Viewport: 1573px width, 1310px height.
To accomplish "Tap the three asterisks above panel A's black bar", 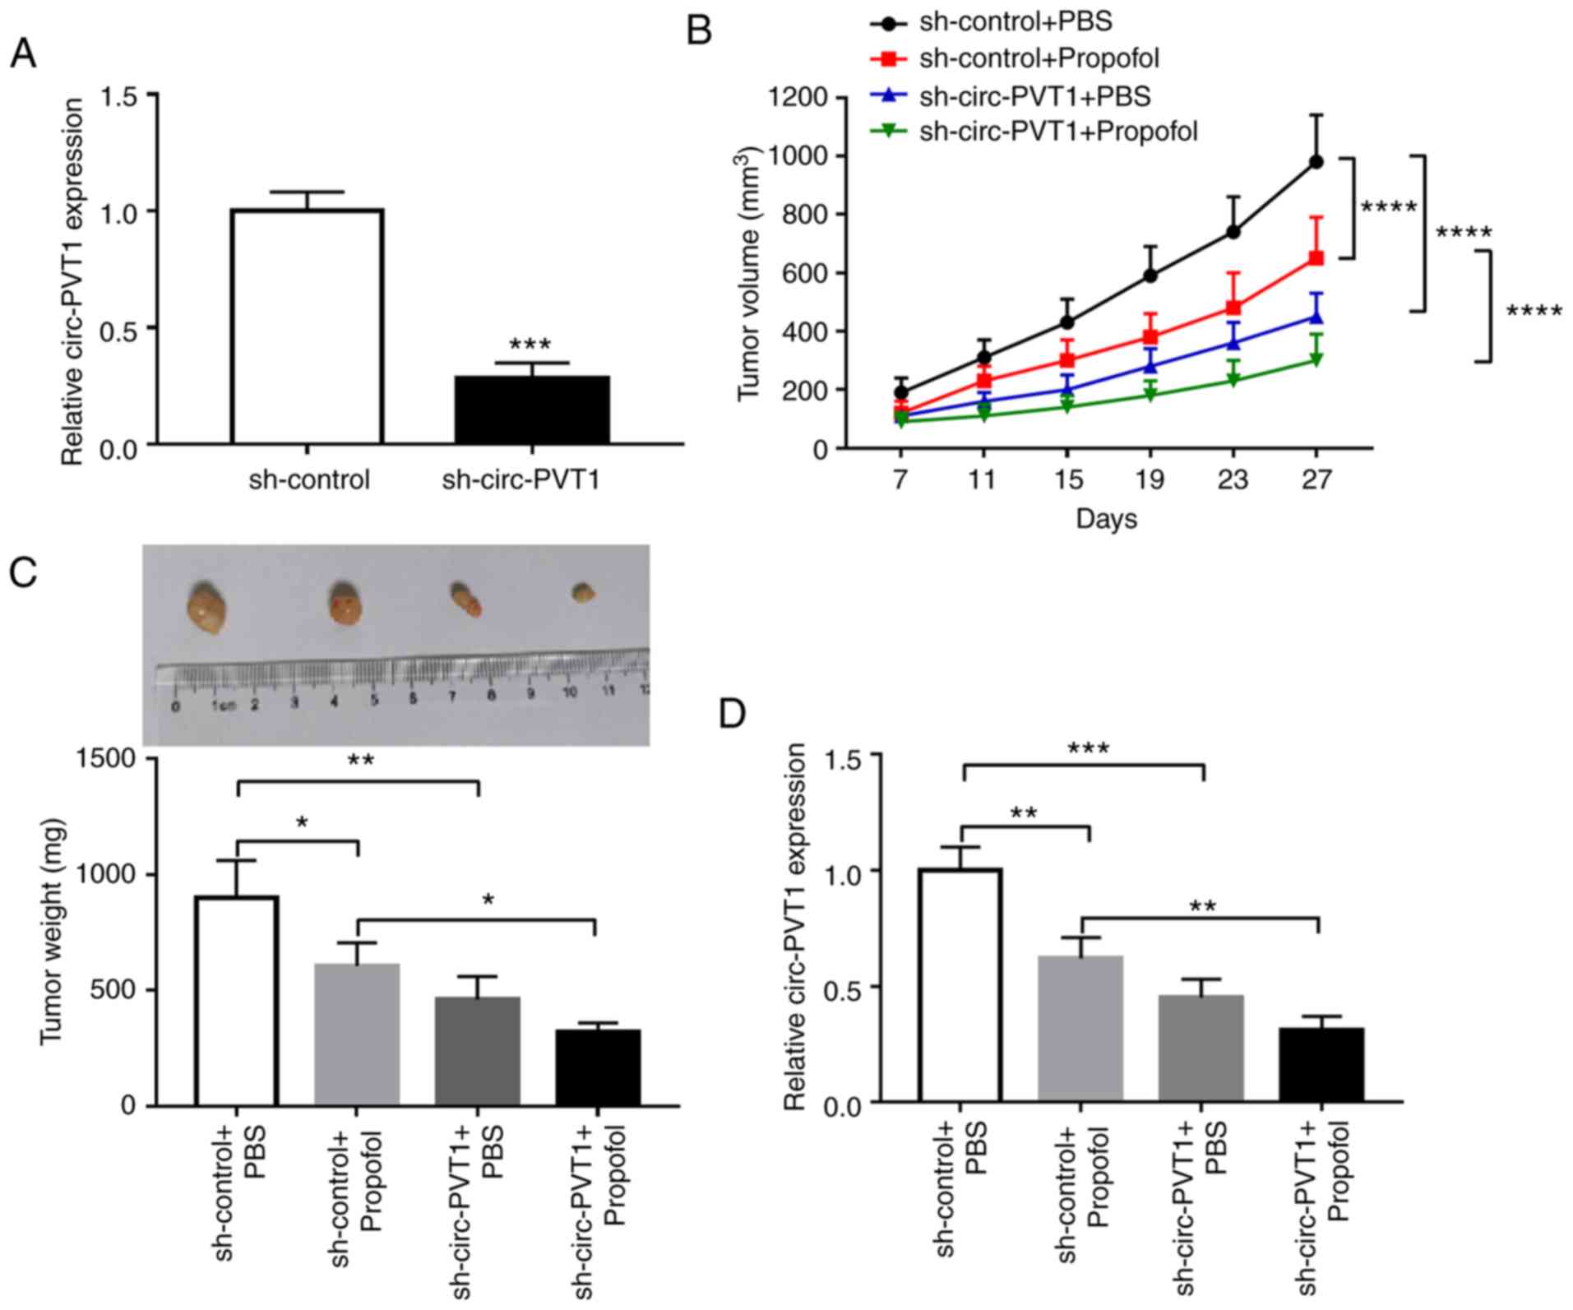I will [x=530, y=345].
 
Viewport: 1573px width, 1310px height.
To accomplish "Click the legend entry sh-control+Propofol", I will [x=1039, y=58].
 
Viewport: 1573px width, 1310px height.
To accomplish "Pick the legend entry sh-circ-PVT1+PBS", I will [x=1034, y=96].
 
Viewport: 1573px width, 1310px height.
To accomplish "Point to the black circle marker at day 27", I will [x=1316, y=162].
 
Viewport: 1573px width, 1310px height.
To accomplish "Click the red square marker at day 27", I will [x=1316, y=258].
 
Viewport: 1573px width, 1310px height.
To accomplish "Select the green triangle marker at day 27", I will [x=1316, y=360].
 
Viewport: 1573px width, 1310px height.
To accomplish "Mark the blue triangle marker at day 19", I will [x=1150, y=366].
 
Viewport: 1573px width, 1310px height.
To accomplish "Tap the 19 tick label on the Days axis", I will [x=1150, y=479].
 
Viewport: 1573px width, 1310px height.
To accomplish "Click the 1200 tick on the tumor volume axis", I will [x=798, y=98].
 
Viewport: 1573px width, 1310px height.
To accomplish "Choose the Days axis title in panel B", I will [x=1106, y=519].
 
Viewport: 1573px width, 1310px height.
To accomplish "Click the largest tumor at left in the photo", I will [x=206, y=609].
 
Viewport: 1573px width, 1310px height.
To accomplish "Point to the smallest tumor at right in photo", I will [x=583, y=592].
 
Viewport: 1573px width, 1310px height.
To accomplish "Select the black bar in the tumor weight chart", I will [x=598, y=1067].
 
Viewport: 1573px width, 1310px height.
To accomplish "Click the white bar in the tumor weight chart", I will [x=238, y=1001].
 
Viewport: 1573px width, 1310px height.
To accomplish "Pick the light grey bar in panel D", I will [x=1080, y=1029].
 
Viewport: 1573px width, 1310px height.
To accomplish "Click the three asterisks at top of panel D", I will [x=1088, y=749].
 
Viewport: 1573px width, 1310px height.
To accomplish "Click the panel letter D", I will [x=732, y=714].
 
